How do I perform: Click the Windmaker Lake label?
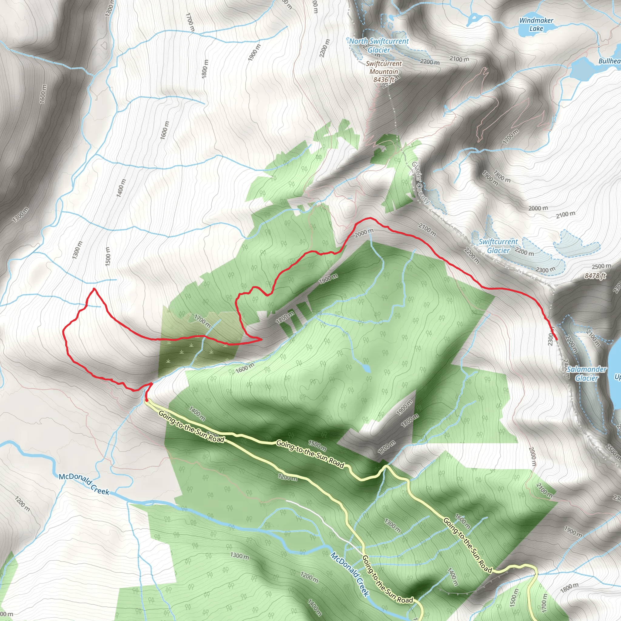coord(536,25)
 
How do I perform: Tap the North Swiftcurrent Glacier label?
coord(379,45)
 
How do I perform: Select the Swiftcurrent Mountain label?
coord(384,68)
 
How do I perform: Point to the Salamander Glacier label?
coord(586,374)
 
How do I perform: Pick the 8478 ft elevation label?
coord(595,276)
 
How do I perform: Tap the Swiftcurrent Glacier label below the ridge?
coord(498,246)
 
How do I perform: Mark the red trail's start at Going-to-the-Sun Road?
coord(146,401)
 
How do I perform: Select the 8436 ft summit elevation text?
coord(384,79)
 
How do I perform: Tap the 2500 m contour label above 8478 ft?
coord(601,267)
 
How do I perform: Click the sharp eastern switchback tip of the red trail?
coord(261,339)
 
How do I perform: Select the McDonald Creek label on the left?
coord(84,484)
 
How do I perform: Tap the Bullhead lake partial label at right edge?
coord(609,61)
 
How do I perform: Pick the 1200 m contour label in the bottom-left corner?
coord(22,504)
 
